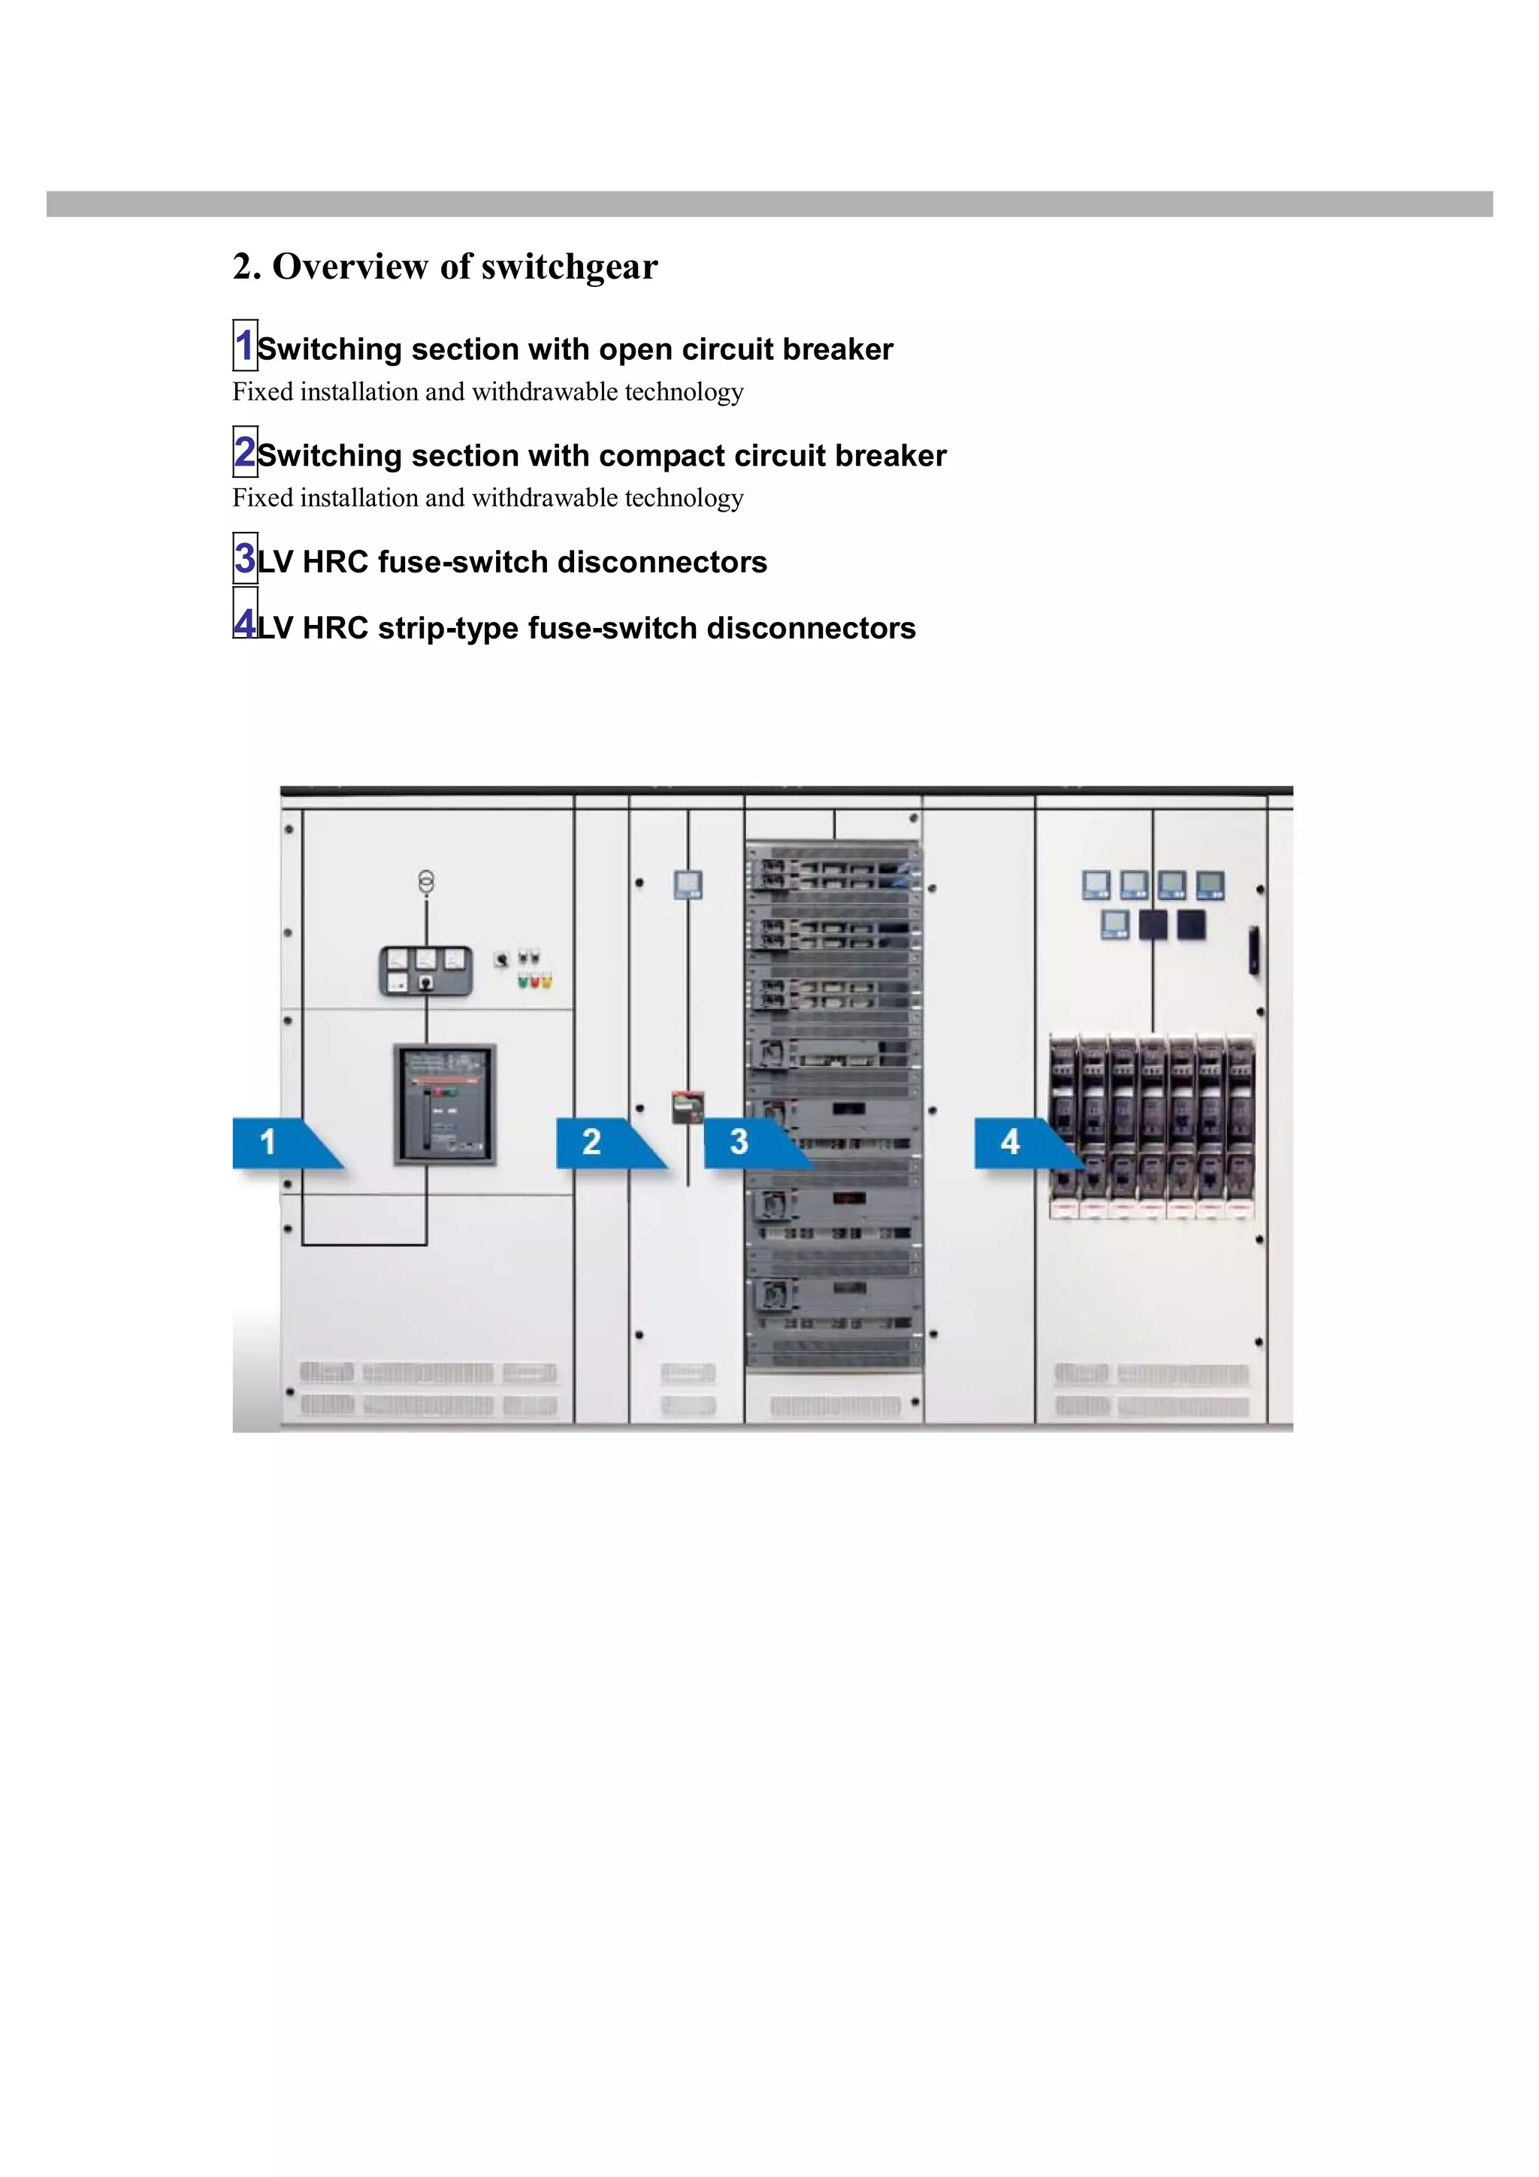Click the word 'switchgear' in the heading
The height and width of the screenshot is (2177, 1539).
569,267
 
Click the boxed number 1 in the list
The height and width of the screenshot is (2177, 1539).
245,345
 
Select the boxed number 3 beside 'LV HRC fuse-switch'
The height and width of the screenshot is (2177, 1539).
245,557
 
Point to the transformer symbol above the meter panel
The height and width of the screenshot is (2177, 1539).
427,883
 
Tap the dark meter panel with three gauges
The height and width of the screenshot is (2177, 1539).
426,970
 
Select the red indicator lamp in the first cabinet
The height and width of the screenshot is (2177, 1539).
534,981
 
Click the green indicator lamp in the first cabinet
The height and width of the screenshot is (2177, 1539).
522,981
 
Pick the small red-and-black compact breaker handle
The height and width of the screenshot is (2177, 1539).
688,1107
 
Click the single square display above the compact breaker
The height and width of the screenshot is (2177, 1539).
688,885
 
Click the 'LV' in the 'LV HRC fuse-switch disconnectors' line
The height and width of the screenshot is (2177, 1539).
275,562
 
